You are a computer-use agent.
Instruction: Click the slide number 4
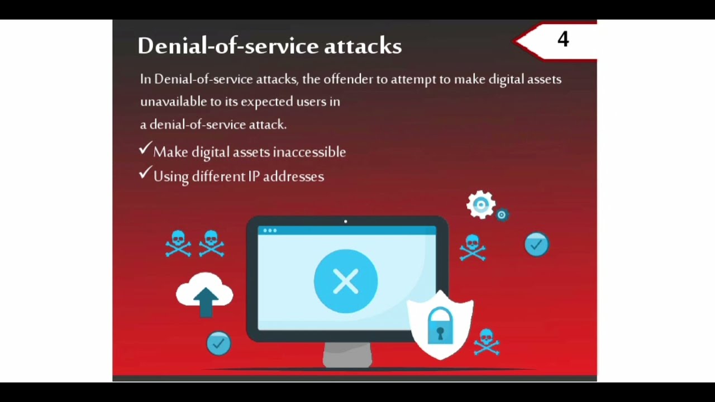click(563, 39)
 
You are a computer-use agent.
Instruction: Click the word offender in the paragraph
click(348, 79)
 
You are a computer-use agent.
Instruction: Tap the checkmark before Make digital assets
click(145, 149)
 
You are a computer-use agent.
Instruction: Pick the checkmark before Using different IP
click(145, 174)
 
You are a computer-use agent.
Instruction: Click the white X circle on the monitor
click(346, 281)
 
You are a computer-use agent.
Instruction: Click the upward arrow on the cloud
click(206, 300)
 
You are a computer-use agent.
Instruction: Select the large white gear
click(480, 205)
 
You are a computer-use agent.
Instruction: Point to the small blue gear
click(502, 215)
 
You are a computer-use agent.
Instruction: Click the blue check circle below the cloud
click(218, 343)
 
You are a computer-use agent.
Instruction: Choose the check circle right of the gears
click(537, 245)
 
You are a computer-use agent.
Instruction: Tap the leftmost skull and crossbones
click(178, 243)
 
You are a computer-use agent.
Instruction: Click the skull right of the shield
click(486, 341)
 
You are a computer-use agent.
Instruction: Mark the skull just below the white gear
click(473, 247)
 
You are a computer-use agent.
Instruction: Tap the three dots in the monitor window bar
click(270, 231)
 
